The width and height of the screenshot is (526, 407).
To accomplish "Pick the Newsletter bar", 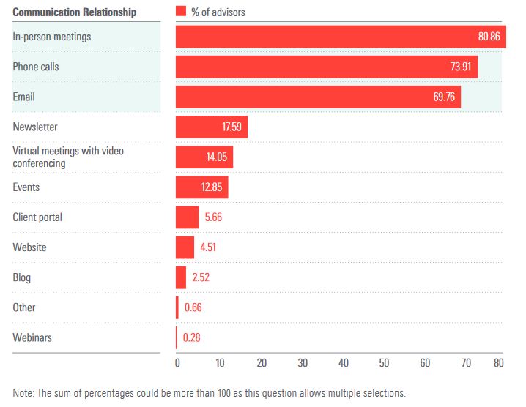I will (x=211, y=127).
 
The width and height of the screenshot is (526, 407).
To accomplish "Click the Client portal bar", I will (x=187, y=217).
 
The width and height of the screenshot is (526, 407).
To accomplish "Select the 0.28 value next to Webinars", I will (x=192, y=337).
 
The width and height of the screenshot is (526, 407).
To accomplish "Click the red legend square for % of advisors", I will (x=180, y=12).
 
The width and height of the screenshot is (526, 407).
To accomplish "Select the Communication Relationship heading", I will (x=75, y=12).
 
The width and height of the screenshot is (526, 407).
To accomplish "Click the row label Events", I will (x=26, y=187).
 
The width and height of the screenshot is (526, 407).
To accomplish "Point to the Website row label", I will (x=29, y=247).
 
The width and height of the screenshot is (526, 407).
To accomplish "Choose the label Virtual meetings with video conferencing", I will (x=68, y=157).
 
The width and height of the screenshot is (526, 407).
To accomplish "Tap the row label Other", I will (x=24, y=307).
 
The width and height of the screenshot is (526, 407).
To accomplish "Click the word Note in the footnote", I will (x=23, y=393).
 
